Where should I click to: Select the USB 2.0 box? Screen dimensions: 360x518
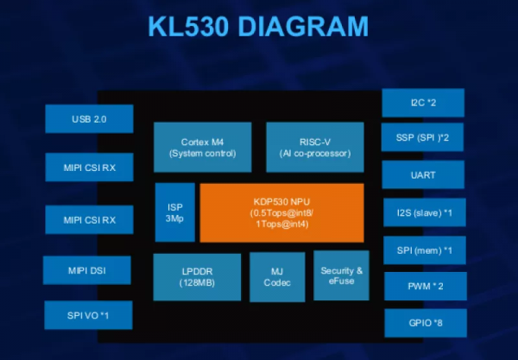click(x=89, y=118)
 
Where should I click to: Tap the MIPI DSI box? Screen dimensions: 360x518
click(x=87, y=270)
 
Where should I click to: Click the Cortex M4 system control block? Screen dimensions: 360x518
click(x=203, y=147)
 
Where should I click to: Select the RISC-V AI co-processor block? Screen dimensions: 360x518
click(x=308, y=147)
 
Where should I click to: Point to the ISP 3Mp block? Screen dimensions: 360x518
click(x=174, y=212)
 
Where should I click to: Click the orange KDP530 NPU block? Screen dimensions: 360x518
click(x=282, y=212)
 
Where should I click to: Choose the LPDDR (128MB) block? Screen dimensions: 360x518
click(x=197, y=276)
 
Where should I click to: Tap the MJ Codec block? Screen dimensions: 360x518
click(x=277, y=276)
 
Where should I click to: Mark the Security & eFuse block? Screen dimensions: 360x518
click(x=341, y=276)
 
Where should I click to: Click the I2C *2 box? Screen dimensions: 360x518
click(x=423, y=103)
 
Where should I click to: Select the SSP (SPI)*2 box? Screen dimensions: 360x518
click(x=423, y=138)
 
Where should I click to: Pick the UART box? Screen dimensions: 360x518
click(x=423, y=175)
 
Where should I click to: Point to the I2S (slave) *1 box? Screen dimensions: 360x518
click(x=423, y=212)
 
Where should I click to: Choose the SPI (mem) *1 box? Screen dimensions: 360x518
click(x=423, y=249)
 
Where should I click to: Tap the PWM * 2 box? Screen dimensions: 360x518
click(x=423, y=286)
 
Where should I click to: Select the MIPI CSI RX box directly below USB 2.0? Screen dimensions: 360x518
click(x=89, y=167)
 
